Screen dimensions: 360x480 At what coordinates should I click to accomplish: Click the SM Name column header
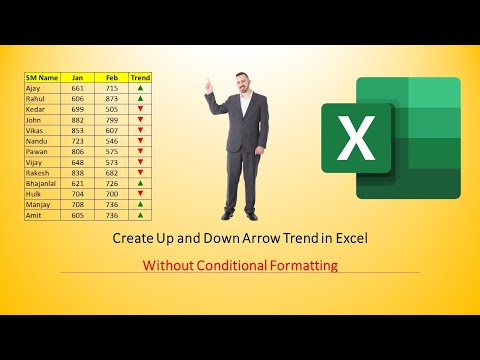point(42,77)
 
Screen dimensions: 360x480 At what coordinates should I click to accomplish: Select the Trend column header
point(140,77)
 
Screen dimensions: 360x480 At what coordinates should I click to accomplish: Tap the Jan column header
point(78,77)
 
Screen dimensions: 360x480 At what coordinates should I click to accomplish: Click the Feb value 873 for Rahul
point(111,99)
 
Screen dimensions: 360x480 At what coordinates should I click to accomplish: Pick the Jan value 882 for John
point(78,120)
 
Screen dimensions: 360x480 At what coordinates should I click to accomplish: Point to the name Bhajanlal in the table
point(42,183)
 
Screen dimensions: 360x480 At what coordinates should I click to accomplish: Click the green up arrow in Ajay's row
point(140,88)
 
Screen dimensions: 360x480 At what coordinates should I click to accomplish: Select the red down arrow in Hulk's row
point(140,193)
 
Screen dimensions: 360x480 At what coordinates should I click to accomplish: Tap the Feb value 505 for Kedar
point(111,109)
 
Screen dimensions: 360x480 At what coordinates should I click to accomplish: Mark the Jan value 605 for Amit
point(78,214)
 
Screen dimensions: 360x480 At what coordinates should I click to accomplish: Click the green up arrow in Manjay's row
point(140,204)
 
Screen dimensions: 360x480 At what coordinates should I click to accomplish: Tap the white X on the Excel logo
point(354,141)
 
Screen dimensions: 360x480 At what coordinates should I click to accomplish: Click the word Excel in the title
point(351,240)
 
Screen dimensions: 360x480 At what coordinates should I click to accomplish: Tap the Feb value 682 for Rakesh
point(111,172)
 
